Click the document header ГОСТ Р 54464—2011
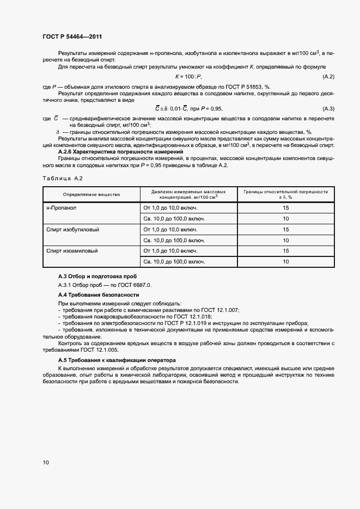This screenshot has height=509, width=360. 72,36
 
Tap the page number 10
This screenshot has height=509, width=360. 45,462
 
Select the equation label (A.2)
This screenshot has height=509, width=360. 328,77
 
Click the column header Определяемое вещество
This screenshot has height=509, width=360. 91,194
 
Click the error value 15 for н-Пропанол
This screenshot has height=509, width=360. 285,208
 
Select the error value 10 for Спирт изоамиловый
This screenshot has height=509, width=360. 285,262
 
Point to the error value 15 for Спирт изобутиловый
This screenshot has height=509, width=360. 285,230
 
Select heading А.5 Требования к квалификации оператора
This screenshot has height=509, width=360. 117,360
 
